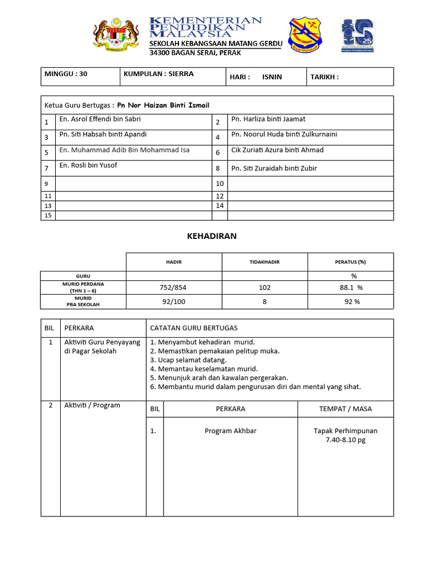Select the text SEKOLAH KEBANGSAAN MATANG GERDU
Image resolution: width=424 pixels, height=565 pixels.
tap(215, 44)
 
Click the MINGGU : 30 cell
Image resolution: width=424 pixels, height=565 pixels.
tap(65, 74)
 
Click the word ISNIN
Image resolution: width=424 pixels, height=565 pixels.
tap(272, 77)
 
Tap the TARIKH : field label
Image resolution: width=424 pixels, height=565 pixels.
tap(324, 77)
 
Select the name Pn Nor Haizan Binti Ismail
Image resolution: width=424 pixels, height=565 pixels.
tap(163, 105)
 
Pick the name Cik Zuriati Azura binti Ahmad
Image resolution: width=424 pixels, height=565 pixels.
tap(277, 150)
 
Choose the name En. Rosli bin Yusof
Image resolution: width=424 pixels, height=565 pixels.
tap(88, 166)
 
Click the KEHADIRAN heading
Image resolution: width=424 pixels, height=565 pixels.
tap(212, 236)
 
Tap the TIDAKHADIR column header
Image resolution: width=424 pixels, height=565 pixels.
tap(264, 262)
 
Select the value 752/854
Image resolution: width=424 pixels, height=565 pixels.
tap(174, 287)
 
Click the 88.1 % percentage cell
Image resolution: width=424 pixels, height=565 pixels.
tap(351, 287)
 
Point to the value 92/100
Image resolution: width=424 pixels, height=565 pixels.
tap(174, 302)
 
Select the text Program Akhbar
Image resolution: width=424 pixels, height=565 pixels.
tap(230, 431)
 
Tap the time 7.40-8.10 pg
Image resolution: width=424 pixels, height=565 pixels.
tap(346, 440)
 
